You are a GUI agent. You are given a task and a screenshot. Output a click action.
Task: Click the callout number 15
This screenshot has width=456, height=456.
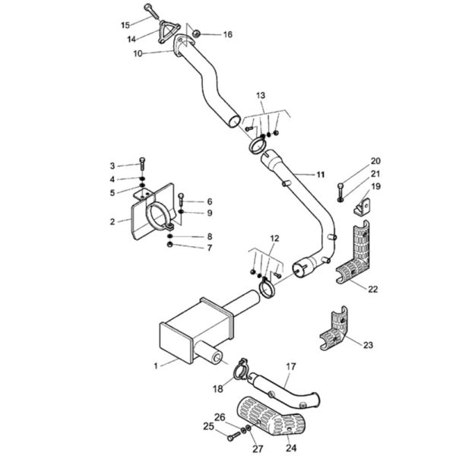(125, 25)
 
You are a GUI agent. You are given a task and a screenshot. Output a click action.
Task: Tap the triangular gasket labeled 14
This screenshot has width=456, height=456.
(169, 32)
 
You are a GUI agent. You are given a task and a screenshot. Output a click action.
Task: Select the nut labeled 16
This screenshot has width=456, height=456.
(197, 33)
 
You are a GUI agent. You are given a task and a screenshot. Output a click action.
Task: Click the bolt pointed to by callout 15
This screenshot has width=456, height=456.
(152, 11)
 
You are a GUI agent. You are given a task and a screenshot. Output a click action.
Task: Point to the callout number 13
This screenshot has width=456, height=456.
(261, 96)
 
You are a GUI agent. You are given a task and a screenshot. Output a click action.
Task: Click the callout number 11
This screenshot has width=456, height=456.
(320, 175)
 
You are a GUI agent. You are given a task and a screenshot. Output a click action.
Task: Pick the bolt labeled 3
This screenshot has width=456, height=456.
(142, 165)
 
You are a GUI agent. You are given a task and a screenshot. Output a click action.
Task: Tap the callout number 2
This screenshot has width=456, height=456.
(112, 222)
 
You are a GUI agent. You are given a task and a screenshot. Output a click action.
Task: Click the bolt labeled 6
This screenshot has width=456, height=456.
(181, 201)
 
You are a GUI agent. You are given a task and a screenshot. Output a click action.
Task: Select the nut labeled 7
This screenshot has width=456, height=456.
(170, 245)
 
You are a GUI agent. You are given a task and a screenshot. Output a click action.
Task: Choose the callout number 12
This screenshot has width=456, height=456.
(274, 239)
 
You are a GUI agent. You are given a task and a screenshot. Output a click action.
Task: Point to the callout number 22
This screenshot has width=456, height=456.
(373, 289)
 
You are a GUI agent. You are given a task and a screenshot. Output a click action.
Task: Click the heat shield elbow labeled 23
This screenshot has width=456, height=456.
(334, 328)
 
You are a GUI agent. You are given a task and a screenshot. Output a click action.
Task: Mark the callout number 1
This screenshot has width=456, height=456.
(156, 366)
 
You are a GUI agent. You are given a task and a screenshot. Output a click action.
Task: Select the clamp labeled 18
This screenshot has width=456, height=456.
(241, 370)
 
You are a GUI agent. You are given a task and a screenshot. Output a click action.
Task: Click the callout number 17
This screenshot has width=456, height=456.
(291, 366)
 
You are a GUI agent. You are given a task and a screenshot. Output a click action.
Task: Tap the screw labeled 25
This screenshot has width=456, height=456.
(233, 436)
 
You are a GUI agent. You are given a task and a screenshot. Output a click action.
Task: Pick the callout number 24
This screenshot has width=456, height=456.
(291, 448)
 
